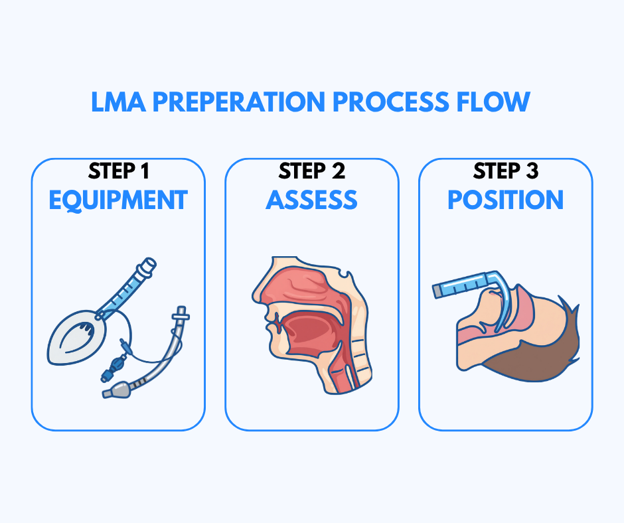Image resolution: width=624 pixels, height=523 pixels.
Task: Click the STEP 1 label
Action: coord(118,172)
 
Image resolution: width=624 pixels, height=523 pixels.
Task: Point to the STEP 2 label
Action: coord(312,172)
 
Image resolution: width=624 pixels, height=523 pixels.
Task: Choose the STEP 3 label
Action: coord(505,172)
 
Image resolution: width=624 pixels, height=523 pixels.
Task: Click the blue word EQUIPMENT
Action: coord(118,200)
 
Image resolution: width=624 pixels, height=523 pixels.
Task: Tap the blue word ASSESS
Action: coord(312,200)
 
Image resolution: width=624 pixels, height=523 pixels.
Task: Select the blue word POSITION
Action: coord(505,200)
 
